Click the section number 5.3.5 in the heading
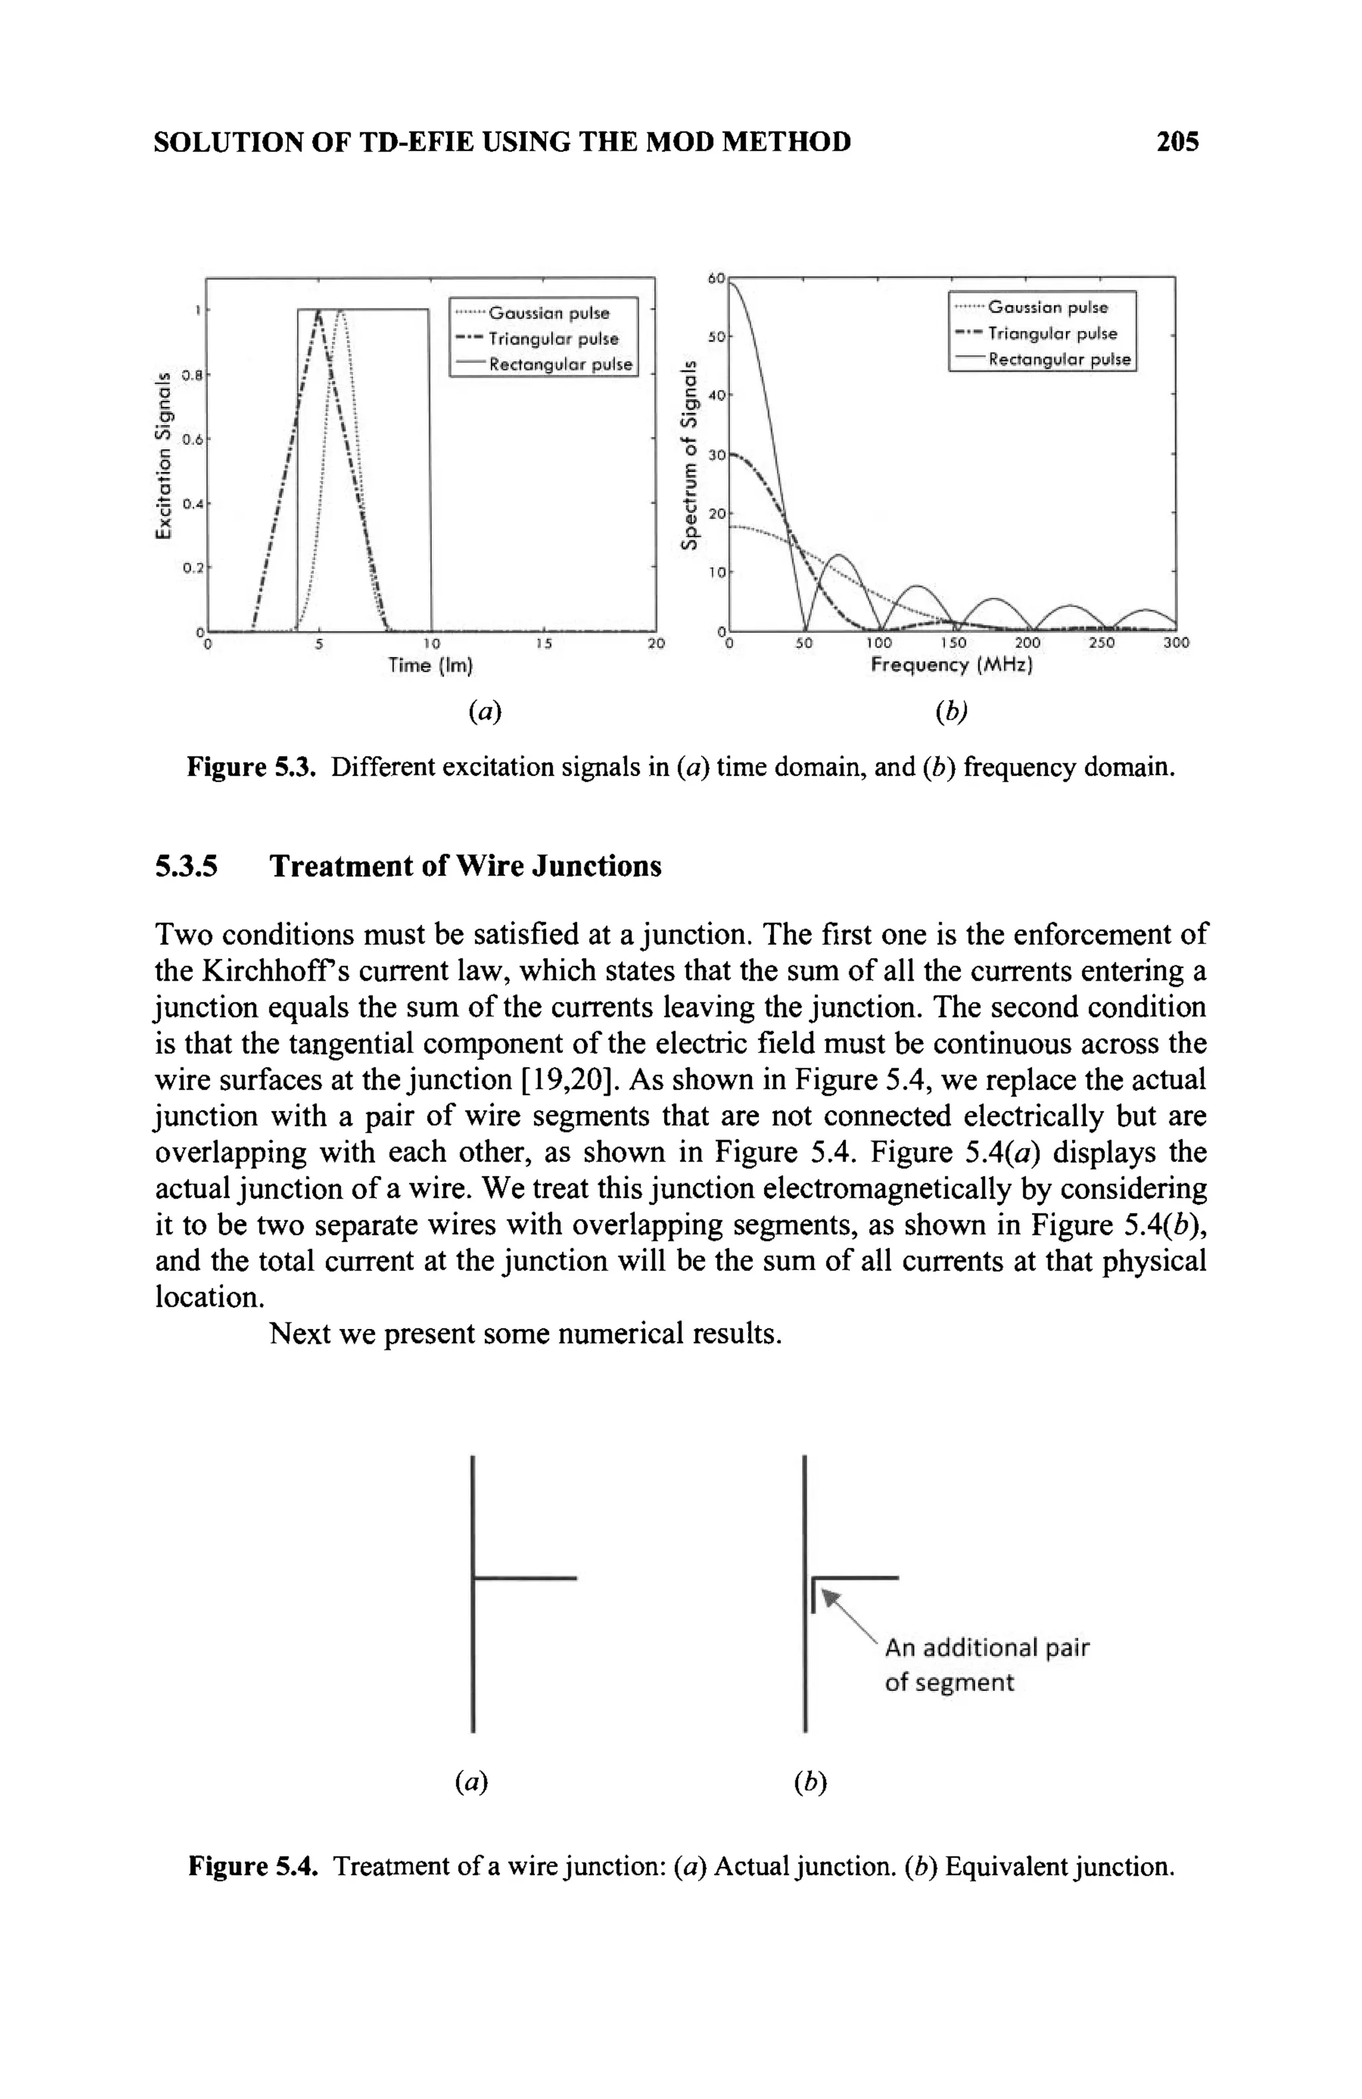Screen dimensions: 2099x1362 click(x=186, y=866)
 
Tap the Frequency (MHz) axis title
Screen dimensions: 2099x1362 click(x=951, y=664)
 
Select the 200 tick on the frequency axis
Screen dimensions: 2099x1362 click(x=1027, y=644)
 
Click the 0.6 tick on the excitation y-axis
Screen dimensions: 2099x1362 click(x=192, y=438)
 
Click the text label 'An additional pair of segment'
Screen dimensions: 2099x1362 click(x=986, y=1664)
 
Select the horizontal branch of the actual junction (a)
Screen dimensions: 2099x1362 click(x=525, y=1578)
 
